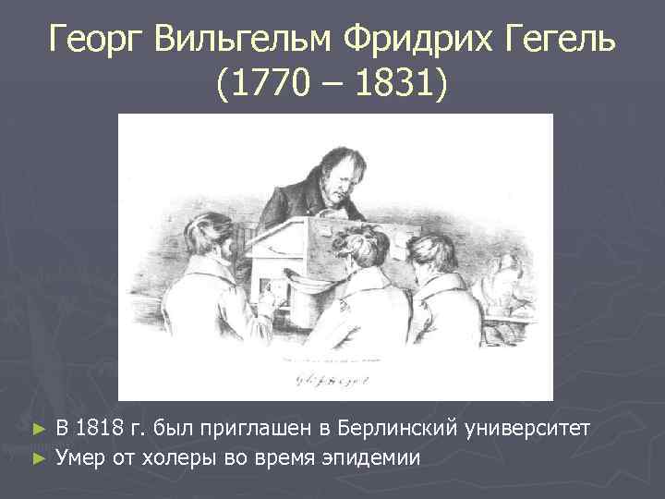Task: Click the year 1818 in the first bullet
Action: point(97,428)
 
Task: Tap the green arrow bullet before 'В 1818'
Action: point(38,430)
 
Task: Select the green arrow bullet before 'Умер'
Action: point(38,456)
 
